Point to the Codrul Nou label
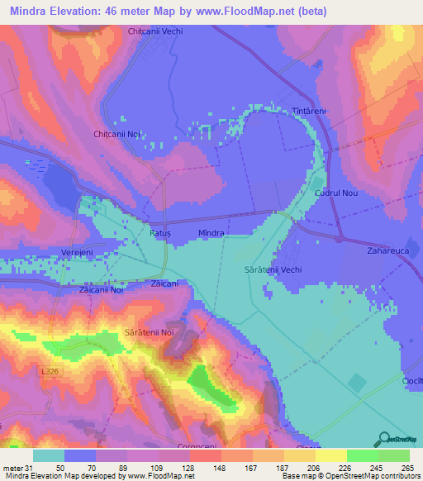pos(335,193)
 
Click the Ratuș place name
pos(159,234)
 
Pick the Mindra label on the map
pos(211,234)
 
